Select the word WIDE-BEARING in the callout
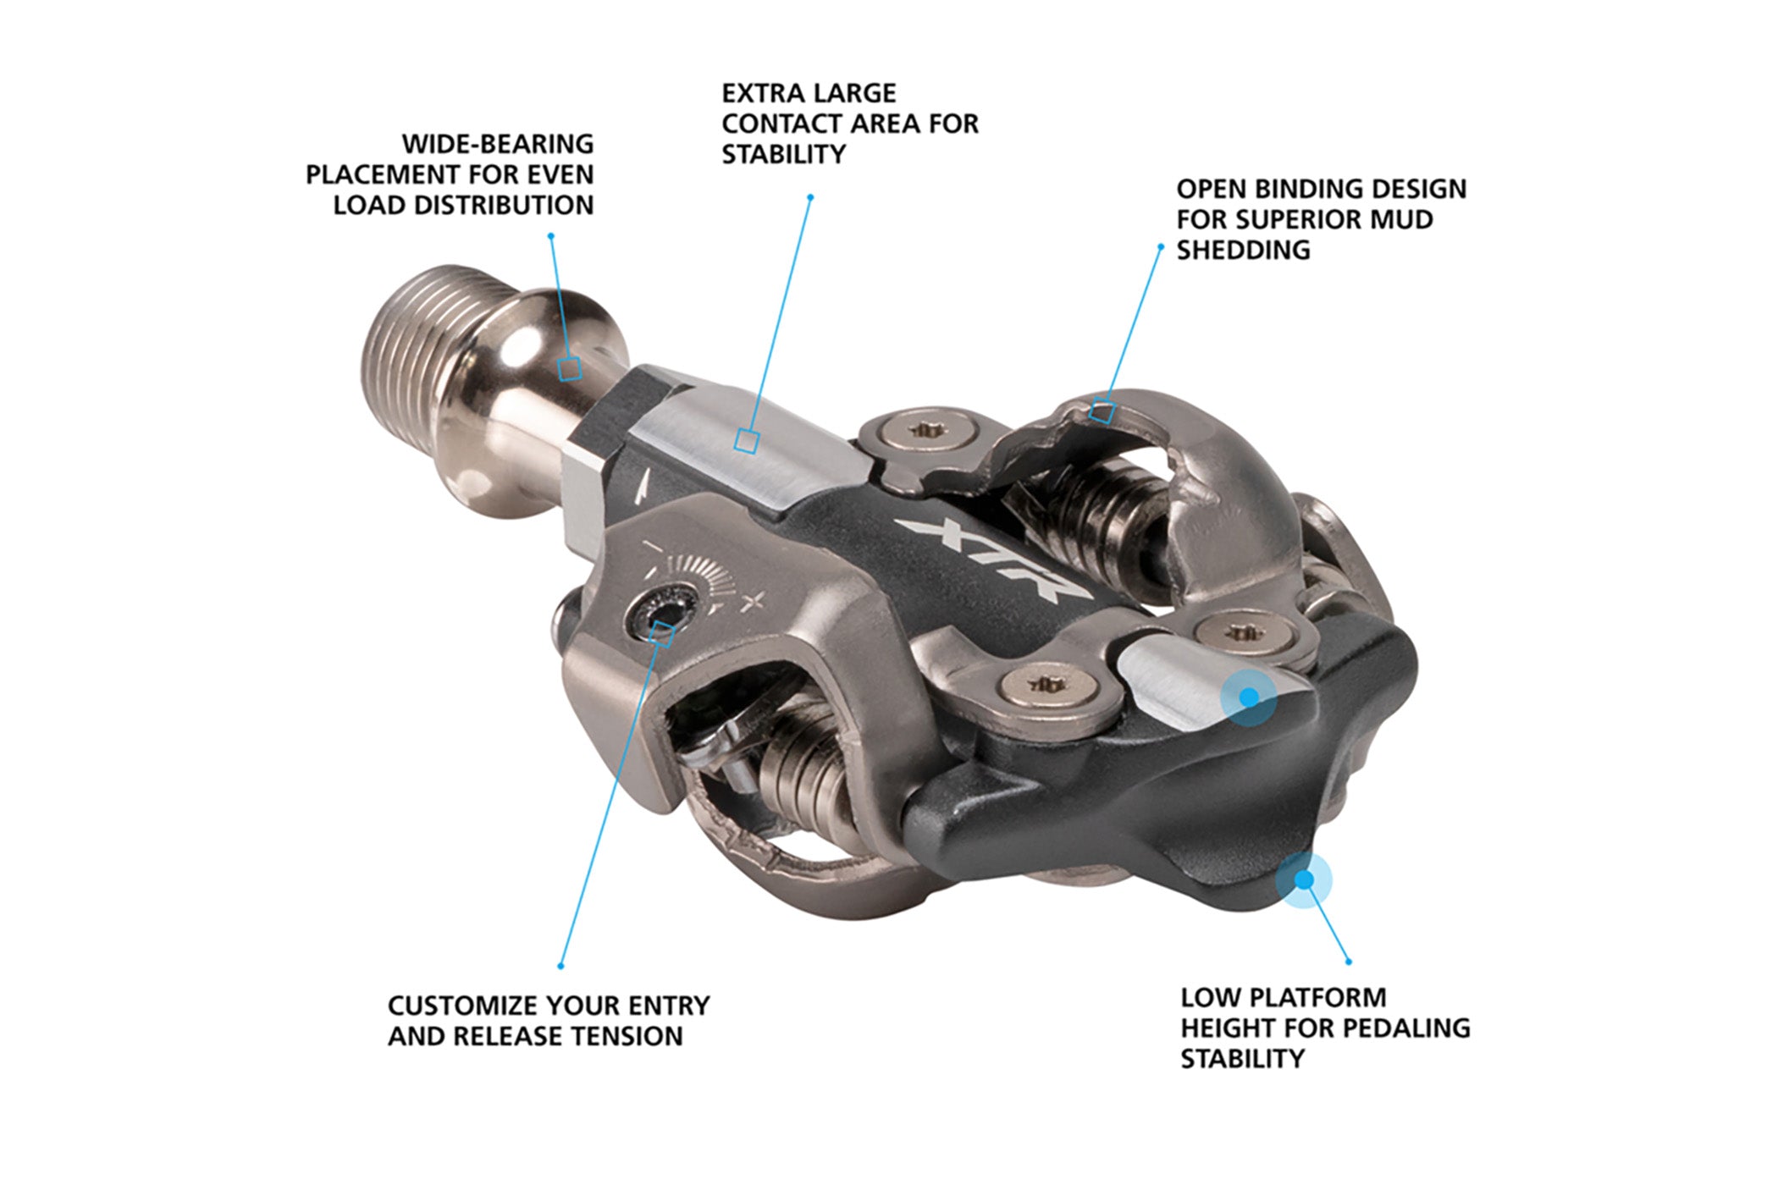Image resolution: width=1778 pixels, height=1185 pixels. (498, 144)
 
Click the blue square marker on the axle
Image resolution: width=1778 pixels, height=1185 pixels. (570, 368)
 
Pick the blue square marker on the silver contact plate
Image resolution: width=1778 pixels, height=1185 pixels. (746, 441)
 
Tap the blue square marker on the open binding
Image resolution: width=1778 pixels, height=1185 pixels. (1102, 411)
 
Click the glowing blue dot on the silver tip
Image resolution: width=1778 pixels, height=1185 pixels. (1249, 697)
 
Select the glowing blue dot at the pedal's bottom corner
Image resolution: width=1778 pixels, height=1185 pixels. (1304, 880)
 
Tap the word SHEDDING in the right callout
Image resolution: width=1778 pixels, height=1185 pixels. (1243, 251)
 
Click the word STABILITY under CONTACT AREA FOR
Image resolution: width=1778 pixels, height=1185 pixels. (784, 154)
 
